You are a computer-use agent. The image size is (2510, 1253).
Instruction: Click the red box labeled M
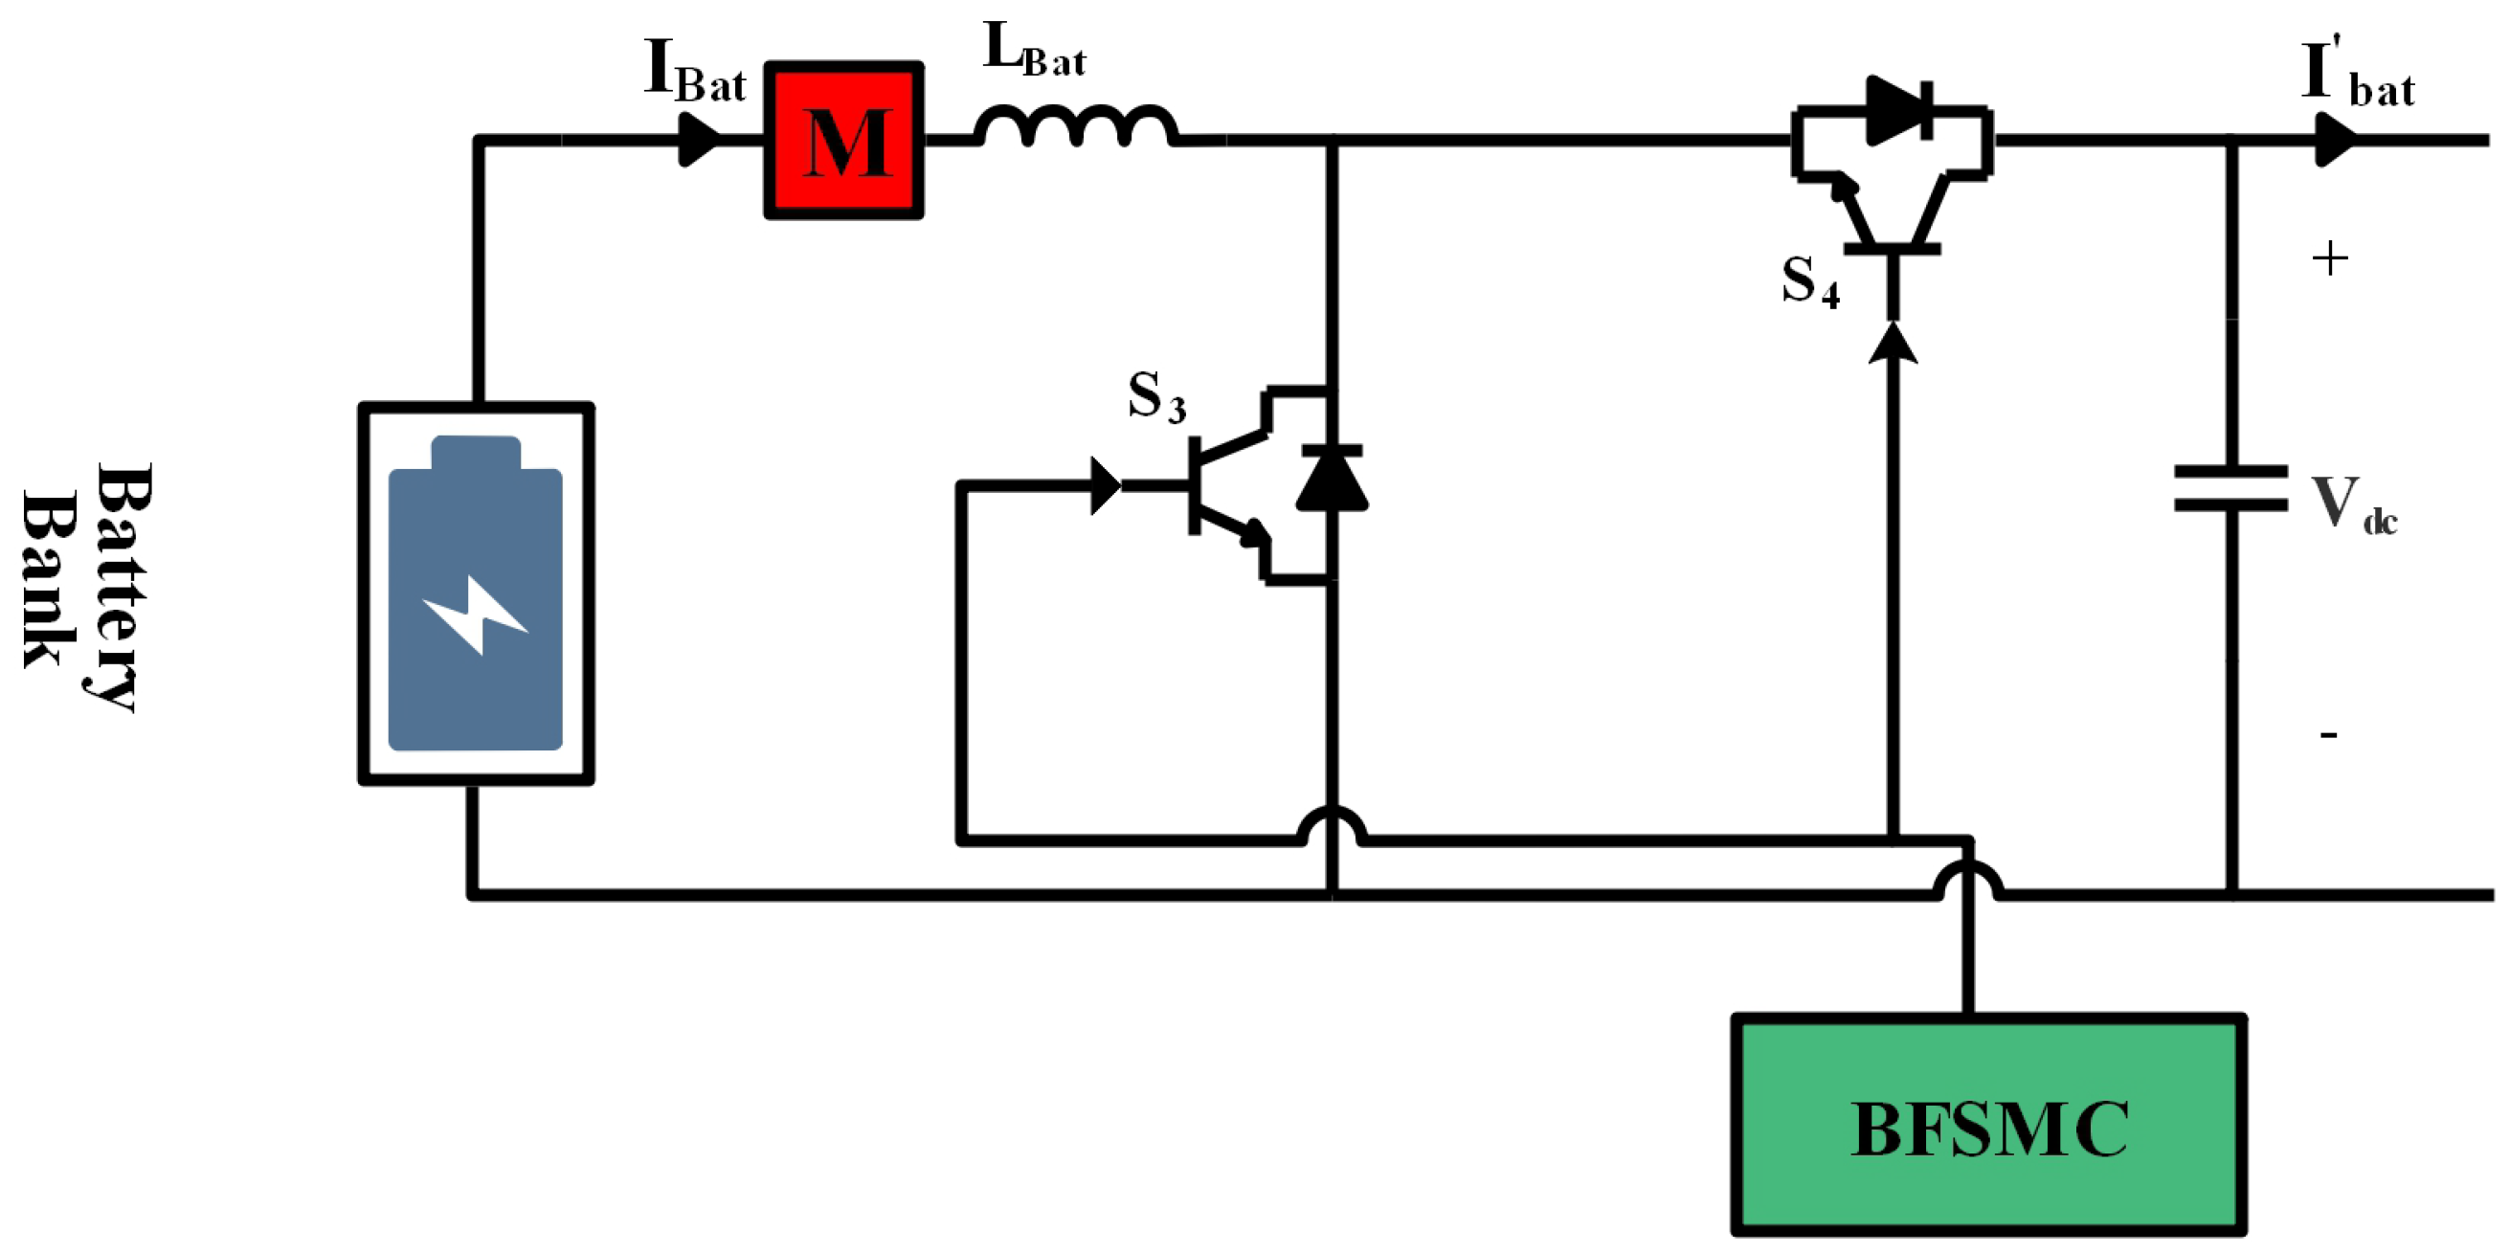tap(843, 141)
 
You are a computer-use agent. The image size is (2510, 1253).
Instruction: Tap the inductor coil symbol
tap(1077, 125)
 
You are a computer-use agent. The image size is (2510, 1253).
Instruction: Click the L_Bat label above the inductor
tap(1034, 49)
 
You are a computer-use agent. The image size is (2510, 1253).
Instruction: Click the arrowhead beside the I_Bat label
tap(698, 141)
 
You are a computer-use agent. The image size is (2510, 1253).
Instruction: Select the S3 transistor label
tap(1156, 397)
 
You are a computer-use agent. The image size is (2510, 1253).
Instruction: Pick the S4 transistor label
tap(1810, 281)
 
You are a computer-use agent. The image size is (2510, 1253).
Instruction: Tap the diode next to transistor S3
tap(1332, 479)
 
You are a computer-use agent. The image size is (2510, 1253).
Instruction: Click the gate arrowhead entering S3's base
tap(1106, 485)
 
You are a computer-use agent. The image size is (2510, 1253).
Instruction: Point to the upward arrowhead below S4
tap(1894, 343)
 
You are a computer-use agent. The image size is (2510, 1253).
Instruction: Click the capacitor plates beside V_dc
tap(2231, 488)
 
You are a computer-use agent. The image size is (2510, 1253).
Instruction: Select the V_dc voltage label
tap(2353, 504)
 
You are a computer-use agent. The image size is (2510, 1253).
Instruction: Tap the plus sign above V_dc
tap(2330, 259)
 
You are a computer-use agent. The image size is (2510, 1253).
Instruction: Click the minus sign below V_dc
tap(2329, 734)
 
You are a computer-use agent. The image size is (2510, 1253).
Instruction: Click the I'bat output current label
tap(2357, 74)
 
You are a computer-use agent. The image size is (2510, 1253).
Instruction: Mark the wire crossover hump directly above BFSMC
tap(1968, 880)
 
